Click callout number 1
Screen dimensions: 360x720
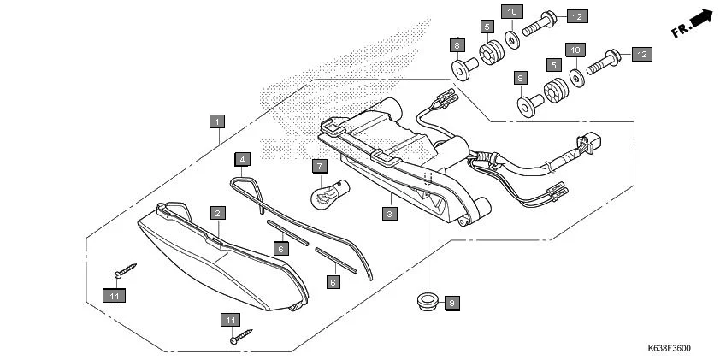(x=218, y=121)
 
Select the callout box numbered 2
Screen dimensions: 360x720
(x=218, y=212)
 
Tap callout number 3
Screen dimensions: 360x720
(x=389, y=212)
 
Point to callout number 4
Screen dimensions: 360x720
(x=243, y=159)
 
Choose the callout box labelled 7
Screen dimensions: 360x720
(x=318, y=165)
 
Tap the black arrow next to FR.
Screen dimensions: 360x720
(x=702, y=17)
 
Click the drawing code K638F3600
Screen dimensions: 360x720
(x=669, y=348)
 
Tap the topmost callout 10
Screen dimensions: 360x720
(x=511, y=11)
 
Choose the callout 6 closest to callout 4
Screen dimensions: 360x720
(x=280, y=247)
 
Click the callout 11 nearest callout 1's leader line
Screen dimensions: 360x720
(x=114, y=296)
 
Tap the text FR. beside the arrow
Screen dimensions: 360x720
(x=681, y=31)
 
